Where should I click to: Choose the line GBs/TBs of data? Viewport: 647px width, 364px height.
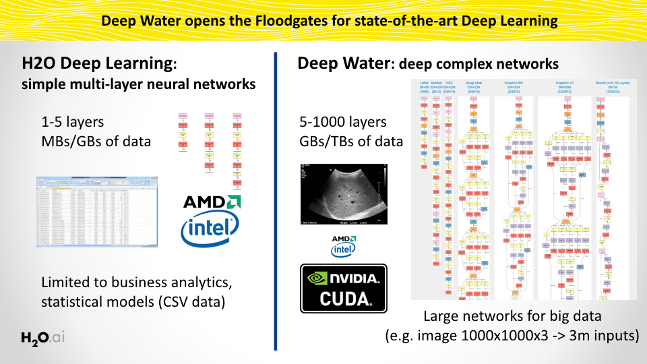coord(351,142)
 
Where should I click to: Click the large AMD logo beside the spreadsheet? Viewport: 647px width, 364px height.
coord(212,202)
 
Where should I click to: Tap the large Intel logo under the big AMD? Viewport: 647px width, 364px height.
coord(210,230)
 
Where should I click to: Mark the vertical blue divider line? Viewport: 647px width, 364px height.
coord(276,202)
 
